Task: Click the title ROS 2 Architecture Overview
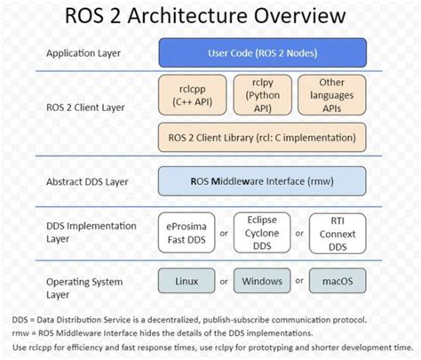pyautogui.click(x=210, y=18)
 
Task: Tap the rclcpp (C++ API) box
pyautogui.click(x=187, y=96)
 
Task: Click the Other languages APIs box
pyautogui.click(x=335, y=96)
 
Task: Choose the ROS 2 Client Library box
pyautogui.click(x=262, y=138)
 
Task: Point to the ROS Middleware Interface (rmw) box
pyautogui.click(x=262, y=181)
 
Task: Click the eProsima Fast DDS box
pyautogui.click(x=187, y=233)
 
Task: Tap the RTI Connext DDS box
pyautogui.click(x=337, y=233)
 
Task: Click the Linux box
pyautogui.click(x=187, y=282)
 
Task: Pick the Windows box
pyautogui.click(x=261, y=282)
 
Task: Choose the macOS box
pyautogui.click(x=337, y=282)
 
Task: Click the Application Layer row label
pyautogui.click(x=84, y=53)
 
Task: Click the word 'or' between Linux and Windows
pyautogui.click(x=224, y=282)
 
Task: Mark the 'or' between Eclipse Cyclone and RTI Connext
pyautogui.click(x=299, y=233)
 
